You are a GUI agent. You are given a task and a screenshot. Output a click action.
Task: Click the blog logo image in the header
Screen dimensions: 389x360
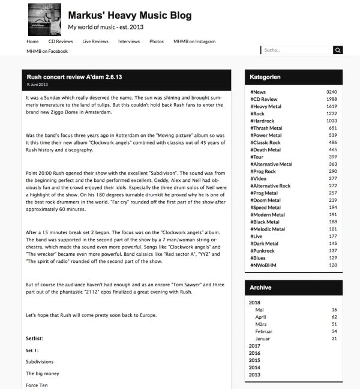[44, 19]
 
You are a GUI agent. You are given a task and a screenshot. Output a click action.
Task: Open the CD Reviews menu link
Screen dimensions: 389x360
[61, 41]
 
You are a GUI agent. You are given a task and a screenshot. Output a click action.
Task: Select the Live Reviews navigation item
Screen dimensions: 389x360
[95, 41]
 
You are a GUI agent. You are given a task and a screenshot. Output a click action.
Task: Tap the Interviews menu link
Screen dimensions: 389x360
[129, 41]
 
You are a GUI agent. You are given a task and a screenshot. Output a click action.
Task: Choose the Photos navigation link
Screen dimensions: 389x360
[157, 41]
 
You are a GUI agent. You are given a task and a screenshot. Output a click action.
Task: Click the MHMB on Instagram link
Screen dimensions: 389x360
[194, 41]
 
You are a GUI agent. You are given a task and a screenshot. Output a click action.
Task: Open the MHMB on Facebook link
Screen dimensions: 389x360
[47, 51]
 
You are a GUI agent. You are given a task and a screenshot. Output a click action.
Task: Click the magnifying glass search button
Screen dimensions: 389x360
[338, 50]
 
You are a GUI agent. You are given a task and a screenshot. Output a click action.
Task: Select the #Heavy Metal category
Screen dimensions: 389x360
[266, 106]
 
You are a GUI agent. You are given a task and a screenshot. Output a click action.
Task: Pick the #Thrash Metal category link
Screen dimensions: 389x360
[266, 128]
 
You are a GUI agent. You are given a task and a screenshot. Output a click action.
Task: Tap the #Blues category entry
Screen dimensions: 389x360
[259, 258]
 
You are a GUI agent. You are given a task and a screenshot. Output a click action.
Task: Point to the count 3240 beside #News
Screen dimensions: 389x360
[331, 92]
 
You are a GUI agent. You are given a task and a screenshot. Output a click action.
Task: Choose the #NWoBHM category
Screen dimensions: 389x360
[263, 265]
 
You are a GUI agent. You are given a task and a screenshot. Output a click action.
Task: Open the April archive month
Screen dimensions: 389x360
[260, 316]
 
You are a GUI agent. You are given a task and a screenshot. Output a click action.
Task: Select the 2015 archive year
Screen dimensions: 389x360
[254, 360]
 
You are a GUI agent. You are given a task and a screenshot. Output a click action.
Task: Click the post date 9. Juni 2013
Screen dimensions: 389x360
[38, 84]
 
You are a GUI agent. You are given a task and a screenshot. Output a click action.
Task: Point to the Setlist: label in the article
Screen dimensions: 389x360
[35, 339]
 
